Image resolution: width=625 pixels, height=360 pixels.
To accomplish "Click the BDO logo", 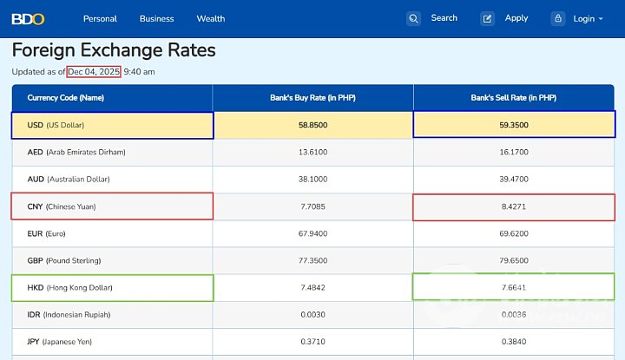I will coord(29,18).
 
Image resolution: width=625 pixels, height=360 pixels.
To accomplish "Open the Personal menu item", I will coord(100,18).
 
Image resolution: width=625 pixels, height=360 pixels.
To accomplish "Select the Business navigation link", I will coord(156,18).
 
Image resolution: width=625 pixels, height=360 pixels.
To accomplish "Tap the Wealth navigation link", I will coord(211,18).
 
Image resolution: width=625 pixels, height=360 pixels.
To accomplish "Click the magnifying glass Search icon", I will coord(414,18).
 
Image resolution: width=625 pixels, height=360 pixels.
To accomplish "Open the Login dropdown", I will coord(583,18).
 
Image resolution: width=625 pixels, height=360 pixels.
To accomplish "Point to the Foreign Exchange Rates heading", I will coord(114,50).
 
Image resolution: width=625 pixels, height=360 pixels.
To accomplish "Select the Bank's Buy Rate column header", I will coord(312,98).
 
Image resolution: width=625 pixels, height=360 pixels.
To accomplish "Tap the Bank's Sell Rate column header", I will coord(513,98).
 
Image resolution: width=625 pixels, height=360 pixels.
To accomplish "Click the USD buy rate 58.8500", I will coord(312,125).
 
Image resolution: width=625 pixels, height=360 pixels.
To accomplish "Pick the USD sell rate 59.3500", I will coord(513,125).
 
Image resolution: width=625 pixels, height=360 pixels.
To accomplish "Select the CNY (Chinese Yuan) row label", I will coord(62,206).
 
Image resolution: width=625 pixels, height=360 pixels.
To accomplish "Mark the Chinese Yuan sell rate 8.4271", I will coord(513,206).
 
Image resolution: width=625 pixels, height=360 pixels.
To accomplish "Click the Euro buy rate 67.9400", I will coord(312,233).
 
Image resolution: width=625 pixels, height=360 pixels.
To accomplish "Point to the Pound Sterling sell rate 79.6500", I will coord(513,260).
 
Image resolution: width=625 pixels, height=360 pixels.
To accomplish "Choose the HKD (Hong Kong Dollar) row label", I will coord(69,287).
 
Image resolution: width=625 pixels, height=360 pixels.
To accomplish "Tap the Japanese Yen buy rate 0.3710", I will coord(312,342).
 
